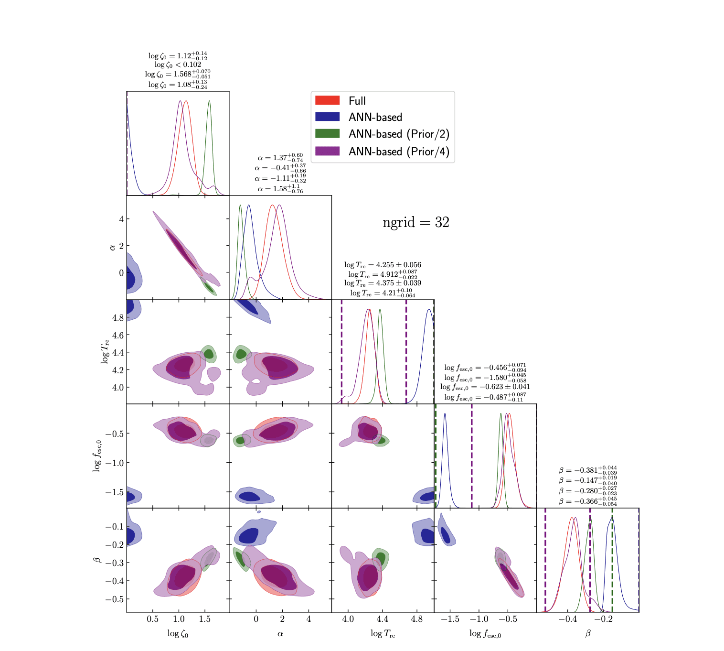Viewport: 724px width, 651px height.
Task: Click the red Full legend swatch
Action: pos(327,100)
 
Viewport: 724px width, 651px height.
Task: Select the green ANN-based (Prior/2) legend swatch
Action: pos(327,134)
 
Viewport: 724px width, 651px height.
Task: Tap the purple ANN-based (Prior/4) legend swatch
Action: pos(327,151)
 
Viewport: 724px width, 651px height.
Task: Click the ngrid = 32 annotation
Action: pos(416,223)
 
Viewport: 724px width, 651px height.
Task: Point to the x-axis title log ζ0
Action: pos(178,633)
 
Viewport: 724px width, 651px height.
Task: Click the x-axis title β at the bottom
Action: pos(588,633)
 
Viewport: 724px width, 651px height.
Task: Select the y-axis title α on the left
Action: pos(112,247)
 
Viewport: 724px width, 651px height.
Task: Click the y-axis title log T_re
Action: pos(105,351)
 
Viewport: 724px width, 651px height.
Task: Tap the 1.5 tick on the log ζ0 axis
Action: pos(205,619)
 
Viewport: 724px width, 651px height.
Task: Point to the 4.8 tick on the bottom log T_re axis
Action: pos(417,619)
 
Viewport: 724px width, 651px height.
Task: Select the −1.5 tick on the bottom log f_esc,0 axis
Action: pos(449,619)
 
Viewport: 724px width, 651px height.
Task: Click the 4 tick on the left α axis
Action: pos(121,219)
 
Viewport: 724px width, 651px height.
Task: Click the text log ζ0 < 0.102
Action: pos(178,65)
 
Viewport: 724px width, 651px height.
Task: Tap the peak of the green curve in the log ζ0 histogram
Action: pos(209,101)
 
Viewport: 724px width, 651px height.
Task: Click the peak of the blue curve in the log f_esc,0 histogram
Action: pos(445,413)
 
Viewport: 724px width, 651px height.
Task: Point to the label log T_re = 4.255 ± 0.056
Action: pos(383,265)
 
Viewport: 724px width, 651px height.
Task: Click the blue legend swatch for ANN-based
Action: pos(327,117)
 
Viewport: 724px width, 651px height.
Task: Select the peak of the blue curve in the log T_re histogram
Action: pos(429,309)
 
